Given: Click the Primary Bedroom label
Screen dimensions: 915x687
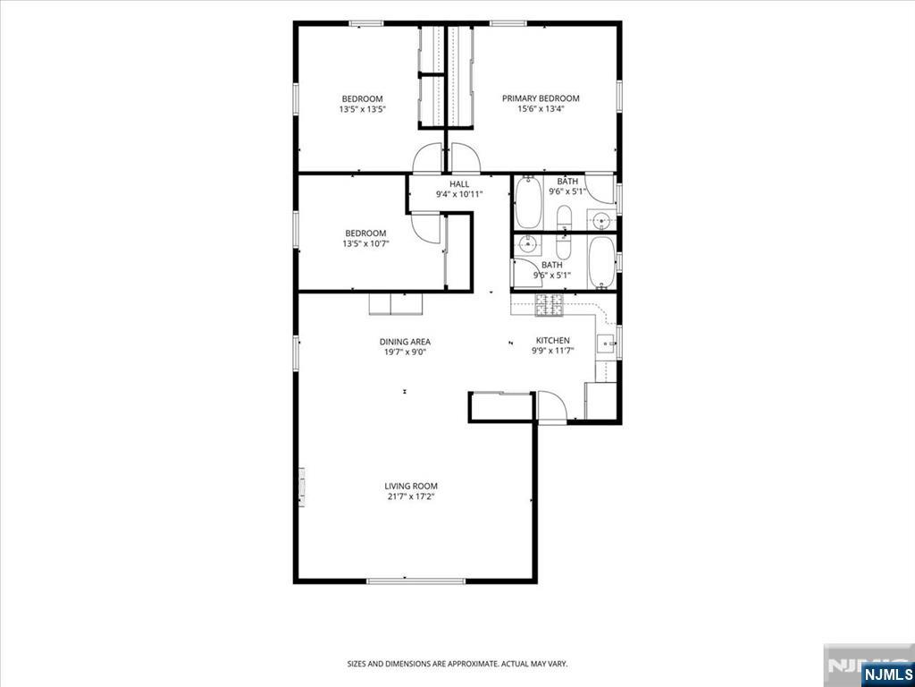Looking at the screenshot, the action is [541, 98].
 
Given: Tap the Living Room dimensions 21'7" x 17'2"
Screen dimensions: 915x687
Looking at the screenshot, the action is [410, 496].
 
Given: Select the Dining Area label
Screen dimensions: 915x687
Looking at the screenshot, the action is [405, 342].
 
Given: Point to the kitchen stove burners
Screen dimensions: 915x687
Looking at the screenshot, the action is [550, 306].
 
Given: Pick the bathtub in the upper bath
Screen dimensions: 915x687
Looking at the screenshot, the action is [529, 201].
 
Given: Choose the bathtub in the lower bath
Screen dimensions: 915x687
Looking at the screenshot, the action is [601, 263].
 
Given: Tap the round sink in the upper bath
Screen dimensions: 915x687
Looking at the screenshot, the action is [601, 221].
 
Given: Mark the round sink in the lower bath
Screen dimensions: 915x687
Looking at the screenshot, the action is [529, 244].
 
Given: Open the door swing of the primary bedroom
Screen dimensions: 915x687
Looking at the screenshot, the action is [465, 158].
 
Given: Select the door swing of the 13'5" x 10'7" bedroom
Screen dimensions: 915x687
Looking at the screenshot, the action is [426, 229].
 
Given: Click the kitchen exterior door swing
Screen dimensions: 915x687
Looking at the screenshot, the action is [551, 406].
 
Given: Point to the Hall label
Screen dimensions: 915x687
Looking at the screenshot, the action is [459, 184].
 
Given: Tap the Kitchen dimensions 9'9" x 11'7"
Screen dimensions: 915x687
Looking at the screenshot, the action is [552, 351].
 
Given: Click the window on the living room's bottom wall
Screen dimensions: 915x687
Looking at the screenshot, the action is [416, 581].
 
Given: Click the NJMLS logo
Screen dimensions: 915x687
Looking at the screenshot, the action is [886, 672].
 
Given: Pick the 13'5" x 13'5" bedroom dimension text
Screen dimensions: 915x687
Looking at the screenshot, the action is [362, 108].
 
